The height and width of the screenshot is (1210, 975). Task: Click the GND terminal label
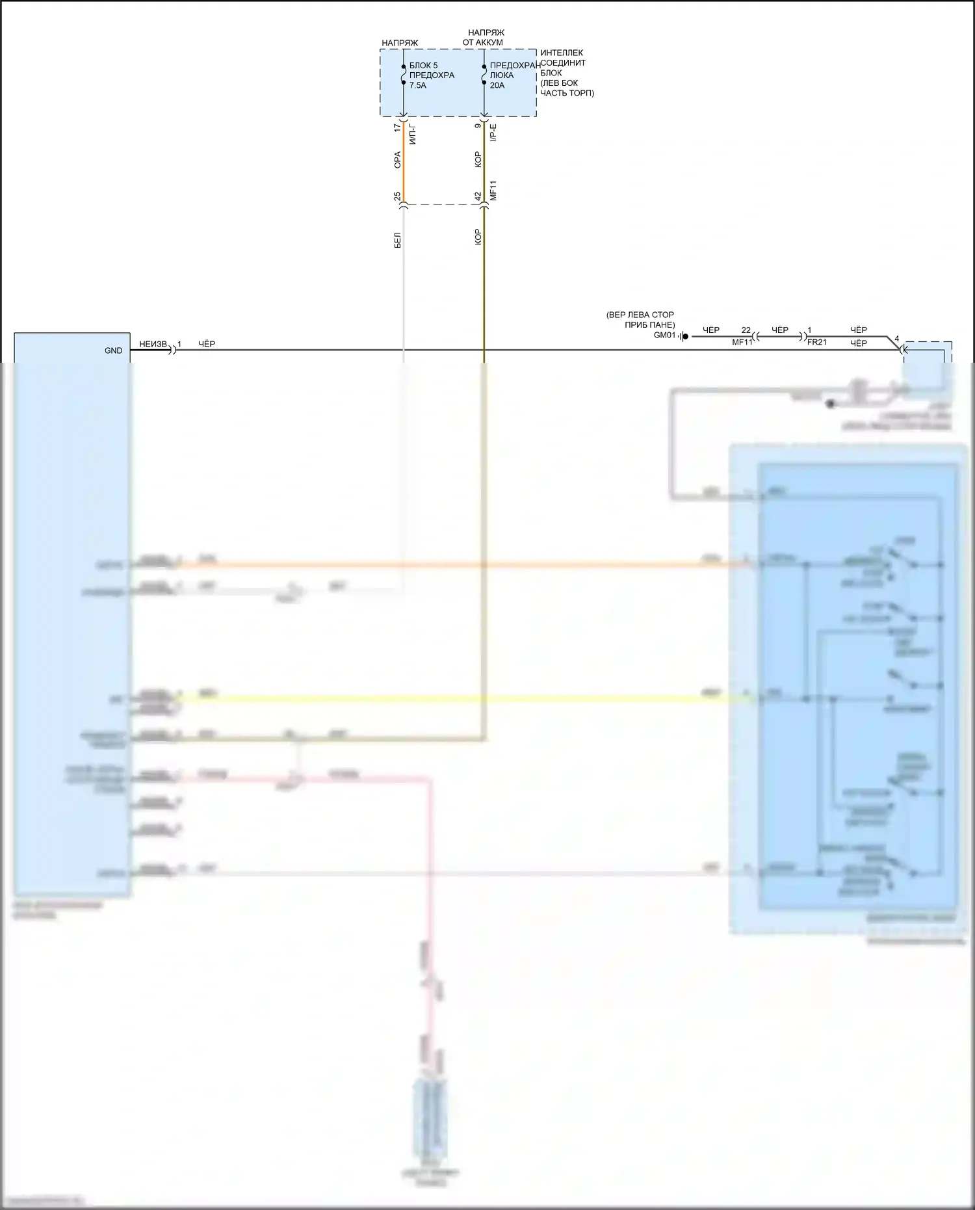(x=113, y=350)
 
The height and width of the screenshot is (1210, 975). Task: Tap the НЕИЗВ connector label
(x=153, y=344)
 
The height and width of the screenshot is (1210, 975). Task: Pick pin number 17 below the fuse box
(x=398, y=128)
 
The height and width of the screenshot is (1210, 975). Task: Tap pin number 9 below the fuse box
(x=478, y=125)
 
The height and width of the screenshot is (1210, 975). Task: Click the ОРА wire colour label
(x=398, y=160)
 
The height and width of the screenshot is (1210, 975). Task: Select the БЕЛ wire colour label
(x=398, y=240)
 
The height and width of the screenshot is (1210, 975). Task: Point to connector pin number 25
(x=397, y=196)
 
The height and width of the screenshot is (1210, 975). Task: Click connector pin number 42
(x=478, y=196)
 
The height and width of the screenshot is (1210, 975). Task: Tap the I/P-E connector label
(x=493, y=133)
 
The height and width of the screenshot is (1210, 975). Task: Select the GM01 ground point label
(x=664, y=335)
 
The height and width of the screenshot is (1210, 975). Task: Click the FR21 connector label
(x=816, y=342)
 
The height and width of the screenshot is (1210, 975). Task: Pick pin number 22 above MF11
(x=746, y=330)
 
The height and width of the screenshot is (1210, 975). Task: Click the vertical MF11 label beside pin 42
(x=493, y=191)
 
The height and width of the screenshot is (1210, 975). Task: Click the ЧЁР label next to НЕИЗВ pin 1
(x=207, y=344)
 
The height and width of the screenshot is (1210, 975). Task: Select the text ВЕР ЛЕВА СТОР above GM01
(x=640, y=315)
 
